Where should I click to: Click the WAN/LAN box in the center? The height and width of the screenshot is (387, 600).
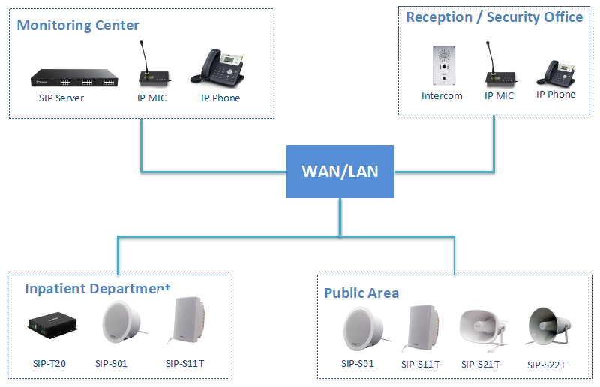coord(340,171)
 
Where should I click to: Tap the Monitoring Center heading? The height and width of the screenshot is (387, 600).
coord(78,25)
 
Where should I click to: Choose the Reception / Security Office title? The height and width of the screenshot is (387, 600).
coord(494,17)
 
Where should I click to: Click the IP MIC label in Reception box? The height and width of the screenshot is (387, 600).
coord(499,95)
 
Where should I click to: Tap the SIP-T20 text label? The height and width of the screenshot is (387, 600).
coord(49,364)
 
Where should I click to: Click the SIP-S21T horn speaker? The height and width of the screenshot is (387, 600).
coord(480,327)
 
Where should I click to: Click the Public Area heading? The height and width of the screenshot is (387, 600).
coord(361,292)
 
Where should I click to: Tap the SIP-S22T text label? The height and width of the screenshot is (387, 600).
coord(546,364)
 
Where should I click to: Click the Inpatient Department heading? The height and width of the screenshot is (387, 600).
coord(97,289)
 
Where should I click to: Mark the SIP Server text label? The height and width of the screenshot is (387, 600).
coord(61,97)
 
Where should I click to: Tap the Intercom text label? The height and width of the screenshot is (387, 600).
coord(442,95)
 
